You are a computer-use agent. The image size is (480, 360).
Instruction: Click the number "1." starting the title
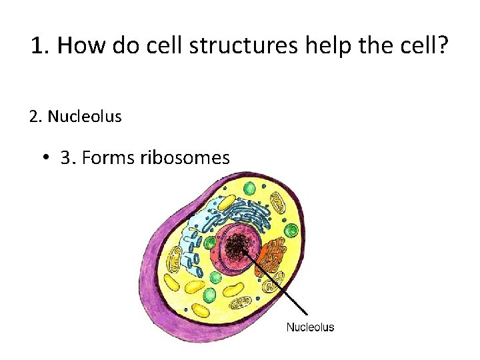pos(41,46)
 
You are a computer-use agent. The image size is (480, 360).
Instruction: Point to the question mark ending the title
pos(443,46)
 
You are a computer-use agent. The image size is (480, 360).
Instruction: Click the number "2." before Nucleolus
pos(36,117)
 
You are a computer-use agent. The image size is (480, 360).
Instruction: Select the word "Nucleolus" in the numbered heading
pos(85,117)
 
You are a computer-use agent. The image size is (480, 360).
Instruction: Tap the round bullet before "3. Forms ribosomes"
pos(45,159)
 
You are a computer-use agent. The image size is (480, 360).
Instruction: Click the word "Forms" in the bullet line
pos(114,158)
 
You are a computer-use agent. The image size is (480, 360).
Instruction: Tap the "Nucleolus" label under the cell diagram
pos(310,327)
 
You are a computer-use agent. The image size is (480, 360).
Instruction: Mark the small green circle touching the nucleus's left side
pos(210,243)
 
